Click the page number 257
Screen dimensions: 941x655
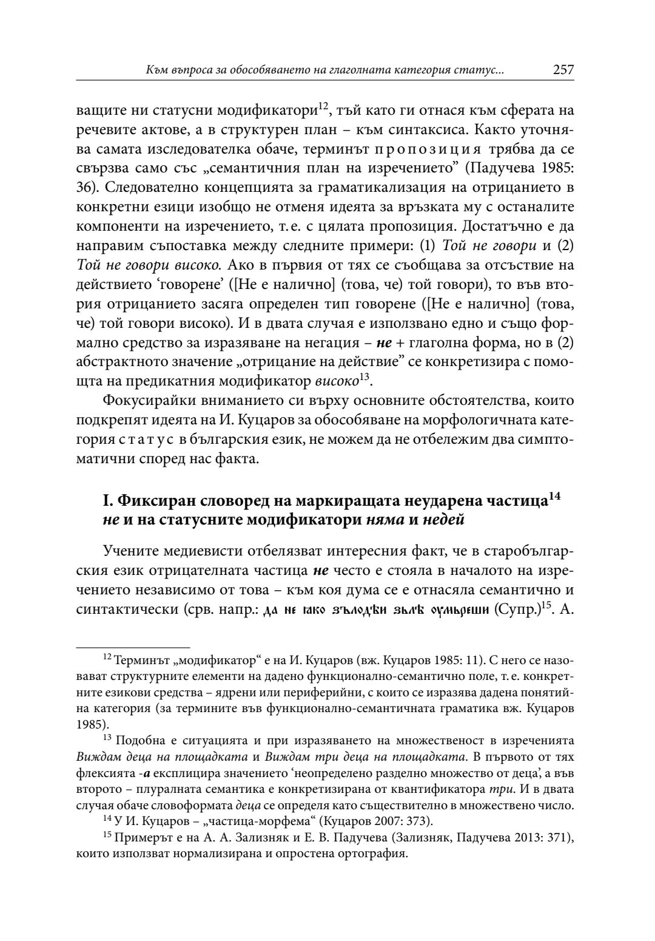click(563, 70)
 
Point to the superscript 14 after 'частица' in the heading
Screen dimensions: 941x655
click(553, 497)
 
